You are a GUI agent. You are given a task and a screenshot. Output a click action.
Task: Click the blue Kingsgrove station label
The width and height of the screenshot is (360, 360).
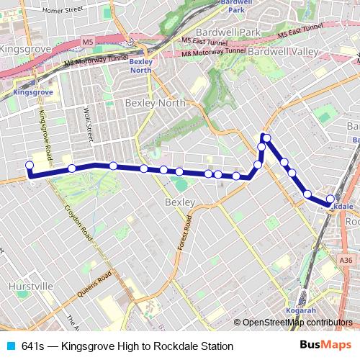(35, 93)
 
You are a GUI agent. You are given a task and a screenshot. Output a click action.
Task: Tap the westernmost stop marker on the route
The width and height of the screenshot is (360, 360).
(30, 166)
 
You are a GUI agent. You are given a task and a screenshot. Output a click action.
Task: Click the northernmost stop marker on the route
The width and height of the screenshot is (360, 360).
(266, 138)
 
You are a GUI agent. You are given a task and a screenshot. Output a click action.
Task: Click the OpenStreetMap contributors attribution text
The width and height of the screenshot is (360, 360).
(296, 323)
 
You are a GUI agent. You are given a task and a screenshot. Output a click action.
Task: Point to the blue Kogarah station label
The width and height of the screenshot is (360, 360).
(301, 310)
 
